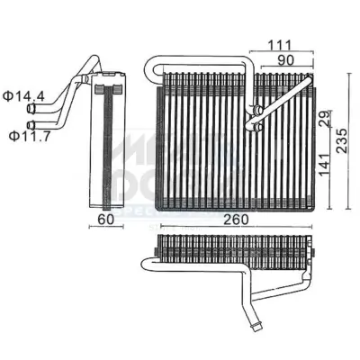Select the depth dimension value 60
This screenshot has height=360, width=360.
coord(104,217)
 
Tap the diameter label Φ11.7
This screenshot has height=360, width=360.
coord(28,134)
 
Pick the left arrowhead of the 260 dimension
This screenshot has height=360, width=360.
coord(161,227)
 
